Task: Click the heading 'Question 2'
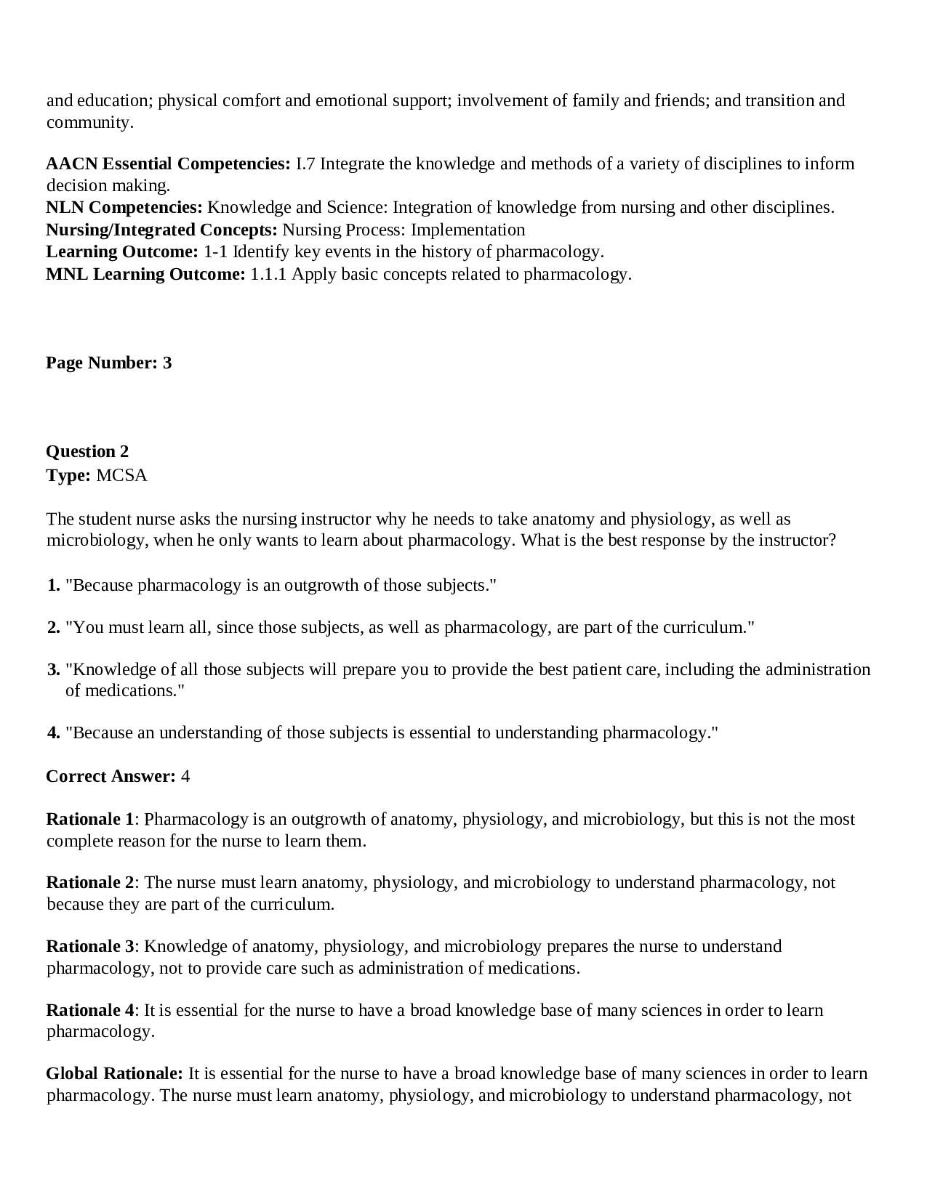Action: pyautogui.click(x=87, y=451)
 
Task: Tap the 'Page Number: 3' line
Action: pyautogui.click(x=109, y=363)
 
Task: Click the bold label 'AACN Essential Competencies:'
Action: pyautogui.click(x=168, y=163)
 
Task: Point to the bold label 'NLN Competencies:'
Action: pyautogui.click(x=124, y=207)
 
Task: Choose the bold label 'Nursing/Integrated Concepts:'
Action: pyautogui.click(x=161, y=230)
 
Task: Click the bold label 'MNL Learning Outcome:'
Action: pyautogui.click(x=145, y=274)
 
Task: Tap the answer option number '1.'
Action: pyautogui.click(x=54, y=585)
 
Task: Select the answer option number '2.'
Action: pyautogui.click(x=54, y=627)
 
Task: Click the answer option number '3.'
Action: pyautogui.click(x=54, y=669)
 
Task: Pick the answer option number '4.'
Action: pyautogui.click(x=54, y=732)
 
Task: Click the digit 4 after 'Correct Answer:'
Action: pyautogui.click(x=185, y=776)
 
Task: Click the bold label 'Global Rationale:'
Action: pyautogui.click(x=114, y=1073)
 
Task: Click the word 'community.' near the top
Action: pyautogui.click(x=90, y=122)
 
